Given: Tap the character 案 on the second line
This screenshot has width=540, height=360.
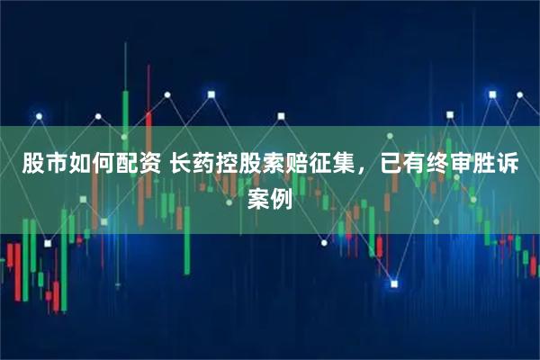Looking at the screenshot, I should coord(258,198).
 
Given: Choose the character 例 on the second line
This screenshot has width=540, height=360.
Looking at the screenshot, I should coord(283,198).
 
